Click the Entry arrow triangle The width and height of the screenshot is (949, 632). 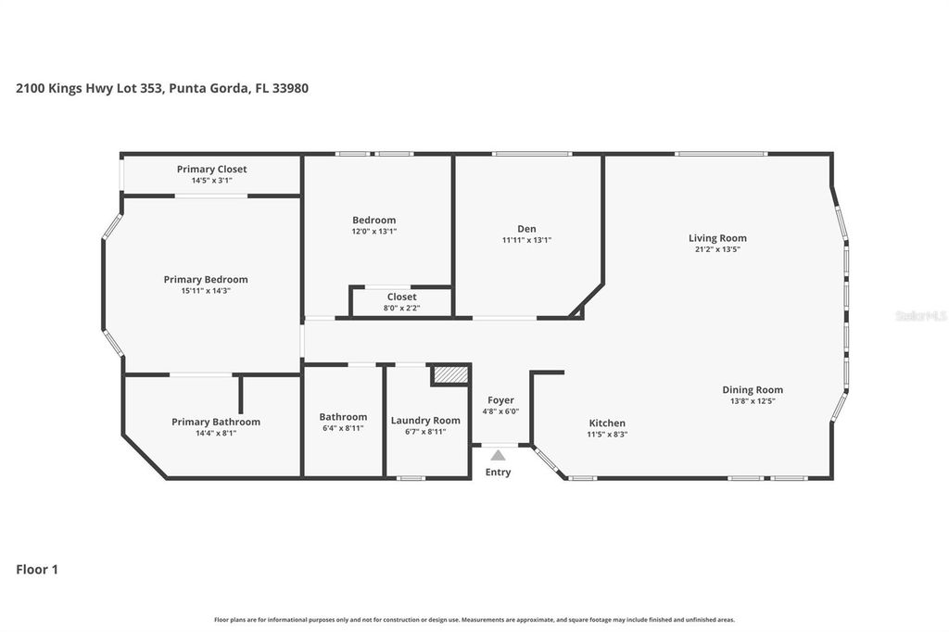point(498,455)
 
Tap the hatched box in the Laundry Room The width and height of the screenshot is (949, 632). point(451,373)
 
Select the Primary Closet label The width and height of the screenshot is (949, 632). point(211,169)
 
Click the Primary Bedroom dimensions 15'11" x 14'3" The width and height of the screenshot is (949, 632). point(206,291)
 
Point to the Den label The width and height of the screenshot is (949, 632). point(526,229)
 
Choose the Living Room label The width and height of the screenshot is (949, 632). point(717,238)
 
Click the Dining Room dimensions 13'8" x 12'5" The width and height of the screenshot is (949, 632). point(753,401)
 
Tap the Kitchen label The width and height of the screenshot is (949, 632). point(607,423)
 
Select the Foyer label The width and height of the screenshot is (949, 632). point(500,400)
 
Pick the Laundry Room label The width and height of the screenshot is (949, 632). point(425,420)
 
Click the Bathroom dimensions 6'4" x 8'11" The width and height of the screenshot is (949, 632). point(343,428)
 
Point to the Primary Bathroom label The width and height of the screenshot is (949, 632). point(216,422)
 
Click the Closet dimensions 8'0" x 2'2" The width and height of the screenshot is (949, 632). point(401,308)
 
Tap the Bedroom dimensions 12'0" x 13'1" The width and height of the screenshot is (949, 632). point(373,232)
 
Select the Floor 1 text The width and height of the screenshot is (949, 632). point(37,570)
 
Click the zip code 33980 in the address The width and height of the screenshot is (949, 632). point(289,89)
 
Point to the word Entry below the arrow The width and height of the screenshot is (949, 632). point(498,473)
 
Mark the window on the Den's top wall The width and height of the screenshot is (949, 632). point(532,154)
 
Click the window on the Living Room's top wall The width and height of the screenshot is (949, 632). point(721,154)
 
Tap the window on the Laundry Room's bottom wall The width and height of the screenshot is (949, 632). point(411,478)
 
